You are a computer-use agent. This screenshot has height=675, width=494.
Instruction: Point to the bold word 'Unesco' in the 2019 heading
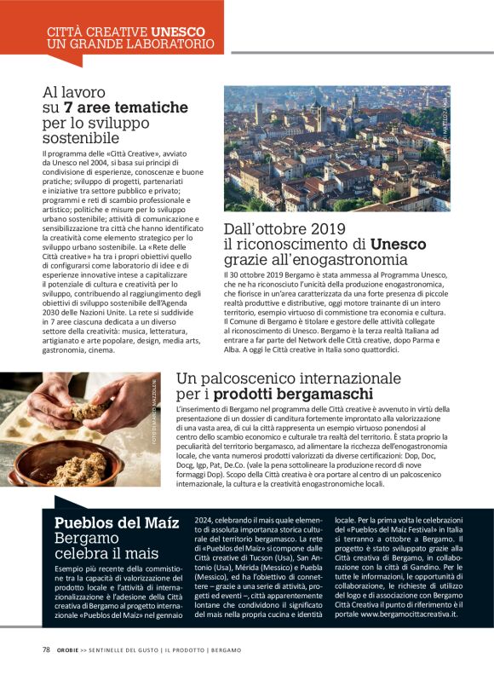pos(386,245)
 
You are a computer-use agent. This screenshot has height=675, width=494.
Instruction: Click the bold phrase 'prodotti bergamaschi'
pos(293,394)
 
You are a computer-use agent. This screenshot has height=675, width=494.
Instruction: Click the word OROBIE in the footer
pos(71,649)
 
